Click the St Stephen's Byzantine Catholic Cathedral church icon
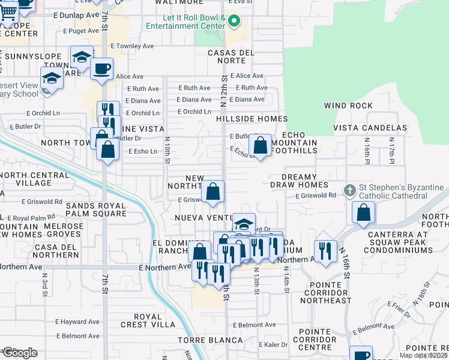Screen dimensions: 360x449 pos(351,190)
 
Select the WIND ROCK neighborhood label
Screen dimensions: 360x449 pos(348,106)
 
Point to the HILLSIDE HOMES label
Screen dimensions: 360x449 pos(252,119)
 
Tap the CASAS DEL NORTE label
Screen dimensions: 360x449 pos(231,58)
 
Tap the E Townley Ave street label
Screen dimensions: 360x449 pos(131,46)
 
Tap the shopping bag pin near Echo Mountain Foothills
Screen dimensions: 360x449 pos(260,145)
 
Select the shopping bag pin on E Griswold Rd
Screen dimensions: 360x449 pos(212,192)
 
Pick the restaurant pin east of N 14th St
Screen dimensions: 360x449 pos(325,251)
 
